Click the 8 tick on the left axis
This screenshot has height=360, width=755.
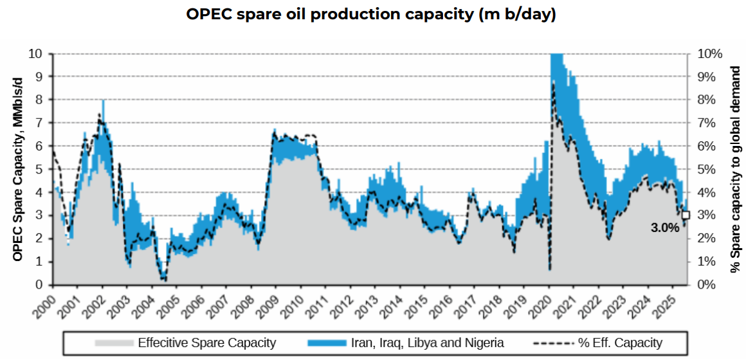pos(39,100)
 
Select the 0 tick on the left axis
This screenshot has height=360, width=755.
pos(39,284)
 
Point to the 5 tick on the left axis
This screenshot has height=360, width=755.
pos(39,169)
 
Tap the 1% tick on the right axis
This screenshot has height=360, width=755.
pos(706,261)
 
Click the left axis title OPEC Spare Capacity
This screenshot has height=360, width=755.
pos(18,168)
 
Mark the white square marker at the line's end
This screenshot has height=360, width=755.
pos(686,215)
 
